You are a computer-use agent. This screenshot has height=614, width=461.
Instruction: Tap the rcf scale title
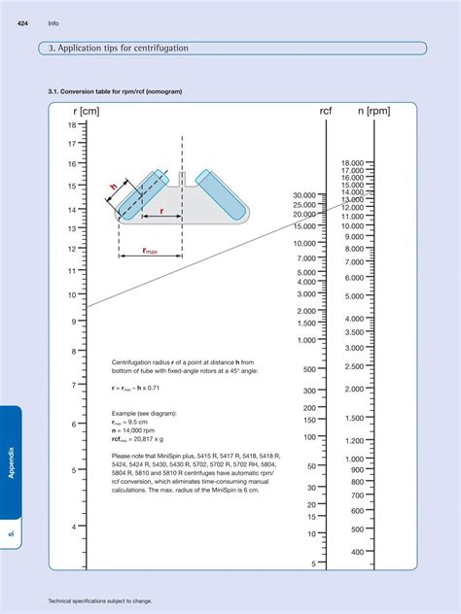[325, 112]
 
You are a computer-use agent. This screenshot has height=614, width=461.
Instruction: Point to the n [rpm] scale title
[373, 112]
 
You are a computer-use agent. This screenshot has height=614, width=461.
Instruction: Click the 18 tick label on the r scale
[72, 125]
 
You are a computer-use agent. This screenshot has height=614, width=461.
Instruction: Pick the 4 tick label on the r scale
[72, 527]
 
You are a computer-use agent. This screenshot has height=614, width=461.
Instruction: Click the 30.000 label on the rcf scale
[303, 195]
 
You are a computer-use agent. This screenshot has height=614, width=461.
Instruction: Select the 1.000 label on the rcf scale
[306, 340]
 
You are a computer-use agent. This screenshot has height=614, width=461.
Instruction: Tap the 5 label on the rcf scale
[313, 563]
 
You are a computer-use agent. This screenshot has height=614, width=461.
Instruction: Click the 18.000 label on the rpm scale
[352, 163]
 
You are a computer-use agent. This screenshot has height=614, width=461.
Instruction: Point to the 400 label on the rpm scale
[357, 552]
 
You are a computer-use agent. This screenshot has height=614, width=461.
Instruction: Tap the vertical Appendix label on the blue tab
[12, 463]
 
